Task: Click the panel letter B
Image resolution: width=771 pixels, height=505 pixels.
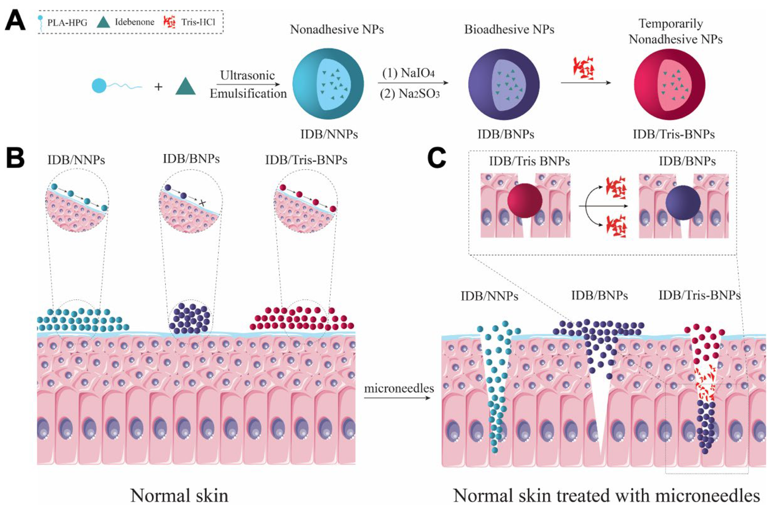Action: pyautogui.click(x=15, y=158)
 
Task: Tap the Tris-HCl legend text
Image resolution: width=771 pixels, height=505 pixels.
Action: pyautogui.click(x=199, y=22)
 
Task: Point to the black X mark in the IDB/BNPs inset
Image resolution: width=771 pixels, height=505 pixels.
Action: pyautogui.click(x=202, y=203)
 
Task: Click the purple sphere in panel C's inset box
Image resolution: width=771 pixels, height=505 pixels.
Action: pyautogui.click(x=683, y=203)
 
